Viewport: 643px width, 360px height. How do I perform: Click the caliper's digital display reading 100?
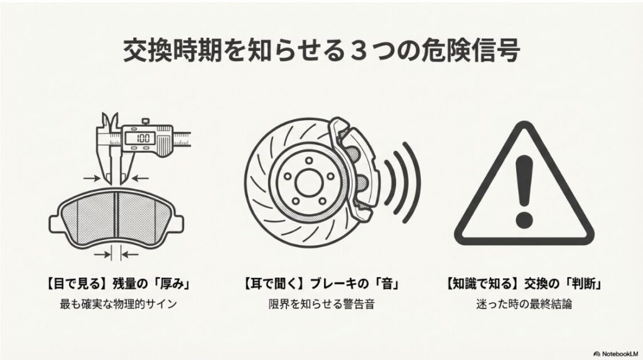[143, 138]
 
